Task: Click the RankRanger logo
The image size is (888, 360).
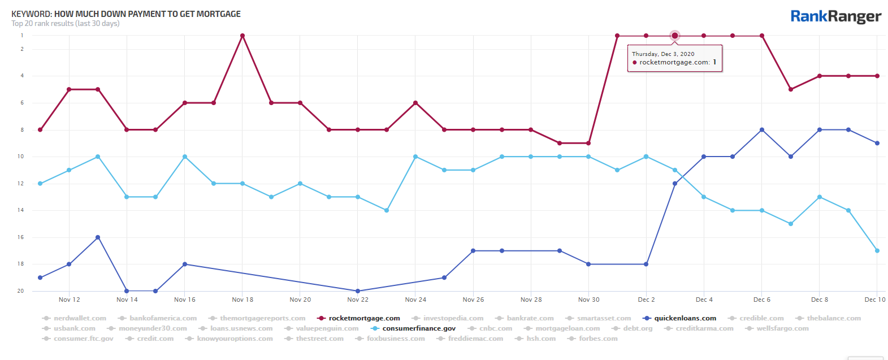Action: coord(835,16)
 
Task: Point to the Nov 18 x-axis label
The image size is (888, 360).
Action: coord(242,300)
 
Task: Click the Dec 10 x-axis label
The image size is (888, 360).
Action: coord(874,300)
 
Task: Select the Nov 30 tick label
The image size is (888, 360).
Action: coord(588,300)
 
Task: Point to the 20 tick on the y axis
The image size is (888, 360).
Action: coord(21,291)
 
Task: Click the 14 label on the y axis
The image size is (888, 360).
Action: coord(21,210)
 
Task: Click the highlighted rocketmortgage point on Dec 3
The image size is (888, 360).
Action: coord(675,36)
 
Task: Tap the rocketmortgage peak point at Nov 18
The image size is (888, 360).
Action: coord(242,36)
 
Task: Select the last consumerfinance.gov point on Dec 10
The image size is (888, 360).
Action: coord(877,251)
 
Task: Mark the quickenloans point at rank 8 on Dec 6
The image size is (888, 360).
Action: coord(762,130)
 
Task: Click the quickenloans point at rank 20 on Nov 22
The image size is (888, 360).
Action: coord(358,291)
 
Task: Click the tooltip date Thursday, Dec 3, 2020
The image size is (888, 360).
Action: coord(663,54)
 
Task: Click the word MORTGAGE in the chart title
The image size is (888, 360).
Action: coord(218,14)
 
